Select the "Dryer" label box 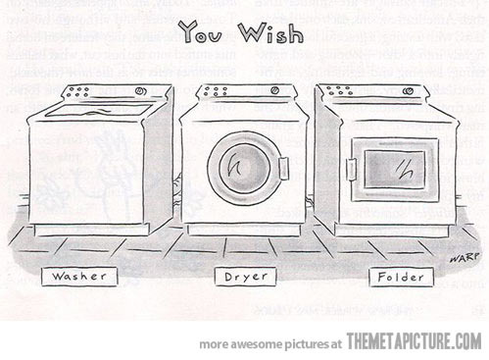point(244,278)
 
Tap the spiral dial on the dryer point(289,91)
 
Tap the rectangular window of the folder point(396,166)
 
